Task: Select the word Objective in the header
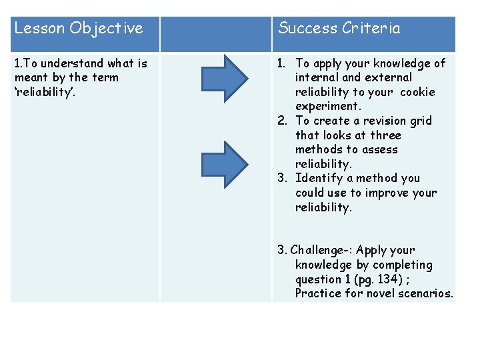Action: coord(106,28)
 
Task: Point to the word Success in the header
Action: coord(307,28)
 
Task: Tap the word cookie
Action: coord(417,92)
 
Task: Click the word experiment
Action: coord(328,107)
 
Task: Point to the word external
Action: coord(389,77)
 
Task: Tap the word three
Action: coord(386,135)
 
